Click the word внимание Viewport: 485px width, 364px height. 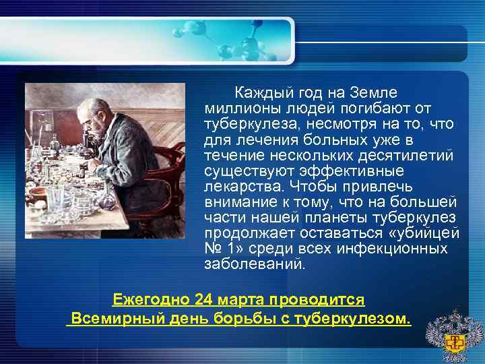pyautogui.click(x=240, y=202)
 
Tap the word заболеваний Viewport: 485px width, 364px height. pyautogui.click(x=254, y=264)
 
